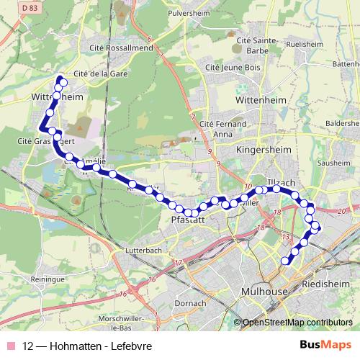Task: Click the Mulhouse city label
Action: pyautogui.click(x=262, y=290)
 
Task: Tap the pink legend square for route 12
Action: pyautogui.click(x=10, y=346)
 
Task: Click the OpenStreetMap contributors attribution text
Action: pyautogui.click(x=297, y=323)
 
